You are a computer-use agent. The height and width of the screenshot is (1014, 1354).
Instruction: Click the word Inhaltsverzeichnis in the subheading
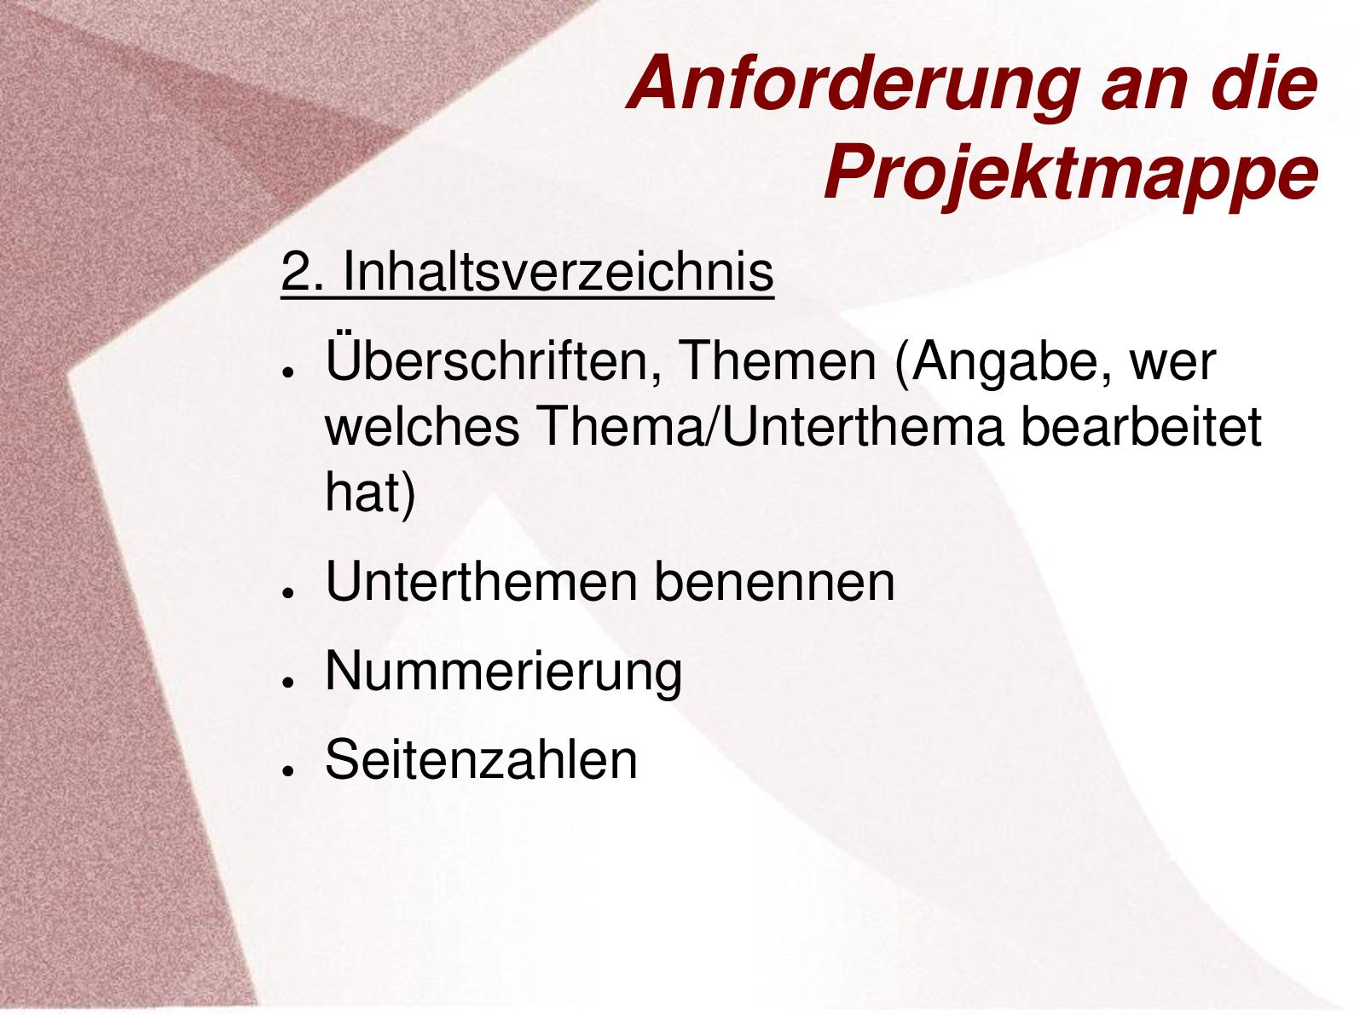click(x=558, y=272)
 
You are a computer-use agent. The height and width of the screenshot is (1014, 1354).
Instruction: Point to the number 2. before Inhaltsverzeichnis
click(x=303, y=272)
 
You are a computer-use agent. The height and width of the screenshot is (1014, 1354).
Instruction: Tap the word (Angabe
click(x=1003, y=365)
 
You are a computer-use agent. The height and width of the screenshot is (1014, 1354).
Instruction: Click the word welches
click(x=423, y=427)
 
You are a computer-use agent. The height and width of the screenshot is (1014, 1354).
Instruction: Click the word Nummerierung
click(x=503, y=674)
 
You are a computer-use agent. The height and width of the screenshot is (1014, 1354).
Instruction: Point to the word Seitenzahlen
click(x=481, y=759)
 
